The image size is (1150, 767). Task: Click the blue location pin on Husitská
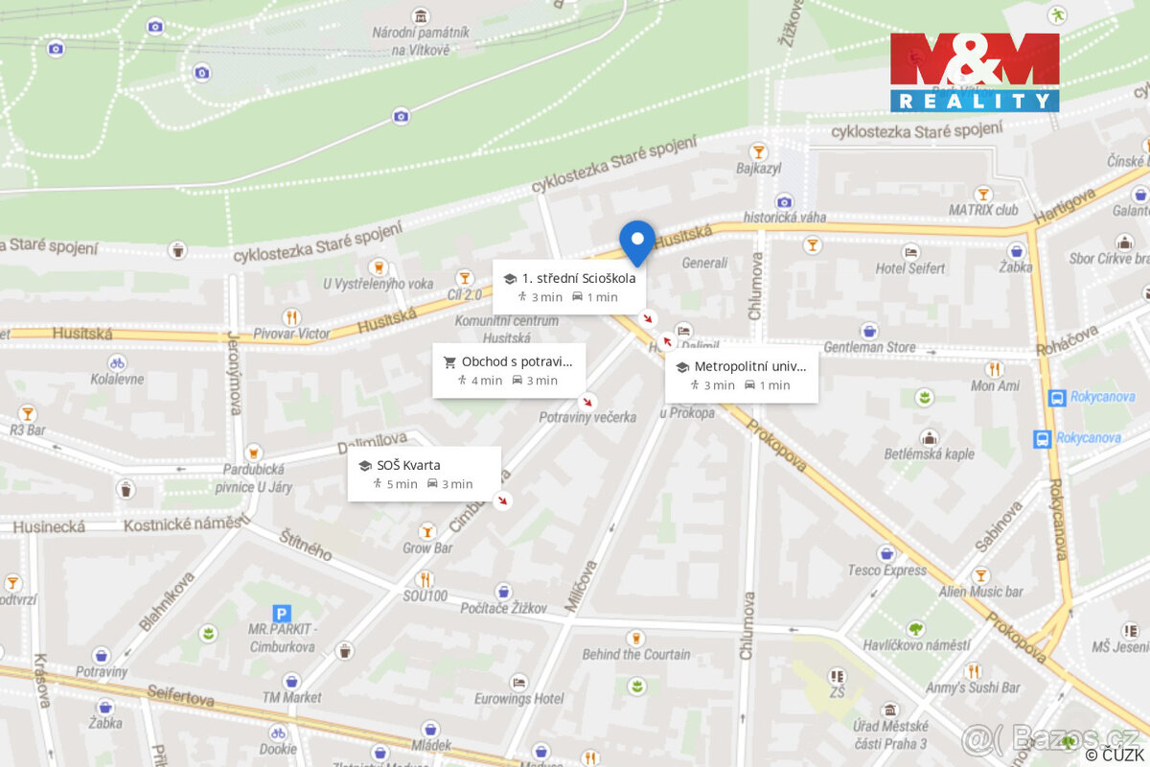coord(637,241)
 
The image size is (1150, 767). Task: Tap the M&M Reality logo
coord(975,73)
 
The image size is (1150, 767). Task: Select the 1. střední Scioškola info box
coord(569,287)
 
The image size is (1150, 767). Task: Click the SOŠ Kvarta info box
coord(424,474)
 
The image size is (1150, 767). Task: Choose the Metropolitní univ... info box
coord(741,375)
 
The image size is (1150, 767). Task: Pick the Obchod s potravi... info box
coord(508,370)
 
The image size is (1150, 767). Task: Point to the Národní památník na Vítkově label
coord(422,41)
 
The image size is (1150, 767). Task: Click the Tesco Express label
coord(886,570)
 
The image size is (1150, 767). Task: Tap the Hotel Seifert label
coord(909,268)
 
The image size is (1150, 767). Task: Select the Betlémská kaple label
coord(929,453)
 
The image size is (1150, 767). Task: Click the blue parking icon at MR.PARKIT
coord(282,614)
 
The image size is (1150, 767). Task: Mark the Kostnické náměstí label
coord(185,525)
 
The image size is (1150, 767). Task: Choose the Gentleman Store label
coord(869,346)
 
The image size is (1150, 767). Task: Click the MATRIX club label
coord(982,209)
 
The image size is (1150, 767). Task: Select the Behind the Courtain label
coord(635,654)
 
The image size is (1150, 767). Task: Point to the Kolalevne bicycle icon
coord(116,363)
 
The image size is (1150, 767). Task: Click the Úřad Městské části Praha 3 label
coord(890,735)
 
